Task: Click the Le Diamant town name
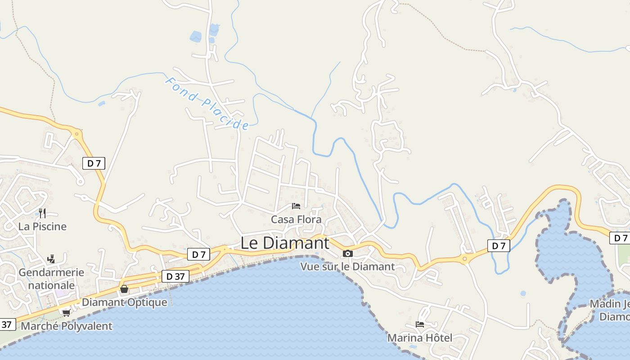click(285, 243)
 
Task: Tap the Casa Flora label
click(296, 220)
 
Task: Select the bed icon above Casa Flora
click(296, 206)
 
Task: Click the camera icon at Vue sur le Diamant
click(347, 254)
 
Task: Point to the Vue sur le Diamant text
click(347, 266)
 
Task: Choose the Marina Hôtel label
click(420, 337)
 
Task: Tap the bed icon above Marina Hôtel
click(420, 324)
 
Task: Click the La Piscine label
click(42, 226)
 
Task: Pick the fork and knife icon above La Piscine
click(42, 213)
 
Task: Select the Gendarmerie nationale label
click(51, 279)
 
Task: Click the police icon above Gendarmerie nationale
click(51, 259)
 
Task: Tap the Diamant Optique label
click(124, 302)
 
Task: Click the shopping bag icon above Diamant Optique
click(124, 289)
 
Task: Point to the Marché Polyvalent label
click(67, 326)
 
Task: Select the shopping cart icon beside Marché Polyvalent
click(66, 313)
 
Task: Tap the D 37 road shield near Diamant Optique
click(175, 276)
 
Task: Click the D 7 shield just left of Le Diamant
click(198, 254)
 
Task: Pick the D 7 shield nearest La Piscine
click(94, 163)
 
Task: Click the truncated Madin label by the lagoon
click(610, 310)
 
